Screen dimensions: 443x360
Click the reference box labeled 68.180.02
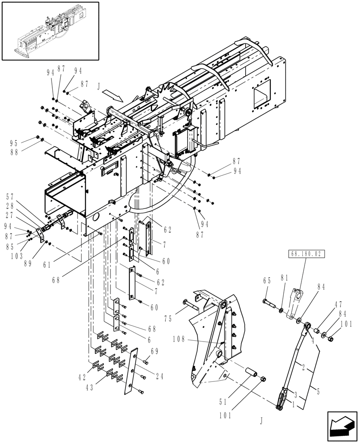pyautogui.click(x=306, y=254)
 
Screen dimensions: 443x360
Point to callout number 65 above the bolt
pyautogui.click(x=266, y=280)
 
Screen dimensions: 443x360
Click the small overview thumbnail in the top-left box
pyautogui.click(x=50, y=31)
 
